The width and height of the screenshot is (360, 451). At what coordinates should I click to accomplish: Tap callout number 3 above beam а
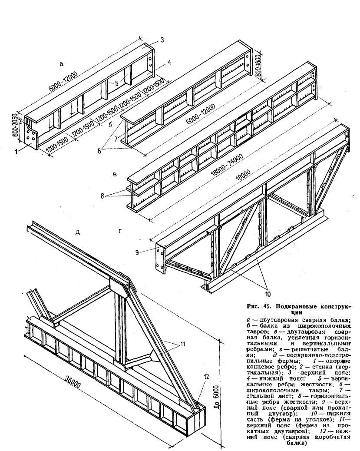pos(161,40)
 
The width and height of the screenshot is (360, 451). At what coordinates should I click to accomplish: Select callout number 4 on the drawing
pos(169,63)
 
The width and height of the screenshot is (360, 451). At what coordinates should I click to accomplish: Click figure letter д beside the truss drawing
pos(78,232)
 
